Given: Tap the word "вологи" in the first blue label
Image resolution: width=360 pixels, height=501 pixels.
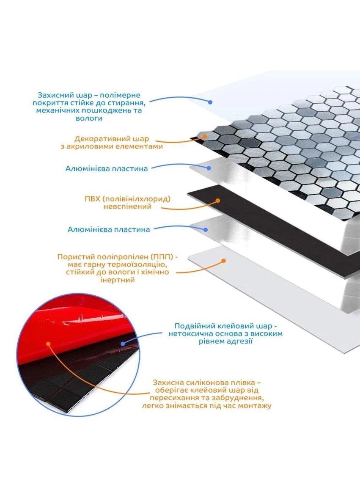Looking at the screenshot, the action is (x=89, y=118).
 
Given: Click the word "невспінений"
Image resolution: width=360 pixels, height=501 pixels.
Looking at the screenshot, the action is (x=127, y=206).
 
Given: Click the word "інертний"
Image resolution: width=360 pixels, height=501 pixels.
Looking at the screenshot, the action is (x=118, y=280).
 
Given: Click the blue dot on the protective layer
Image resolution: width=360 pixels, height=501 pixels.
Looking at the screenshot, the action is (x=210, y=102).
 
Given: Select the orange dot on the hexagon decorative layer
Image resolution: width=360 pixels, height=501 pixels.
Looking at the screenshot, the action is (x=205, y=136).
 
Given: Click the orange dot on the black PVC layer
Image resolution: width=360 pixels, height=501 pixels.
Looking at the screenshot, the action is (x=218, y=201).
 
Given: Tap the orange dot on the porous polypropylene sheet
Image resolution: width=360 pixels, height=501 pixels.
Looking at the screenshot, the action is (x=224, y=261).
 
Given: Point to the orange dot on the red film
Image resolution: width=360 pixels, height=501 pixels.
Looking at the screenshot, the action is (x=49, y=344).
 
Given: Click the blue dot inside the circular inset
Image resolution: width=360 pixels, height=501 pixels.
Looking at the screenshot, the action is (x=123, y=344).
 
